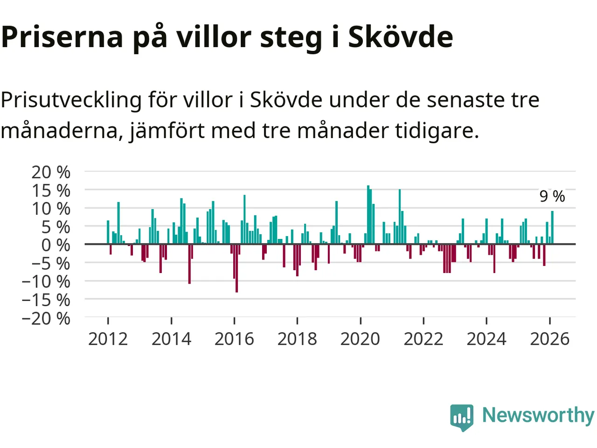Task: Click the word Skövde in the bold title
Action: tap(400, 37)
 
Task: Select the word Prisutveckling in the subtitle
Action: tap(71, 100)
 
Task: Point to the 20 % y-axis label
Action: tap(51, 172)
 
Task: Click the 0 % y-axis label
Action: tap(56, 245)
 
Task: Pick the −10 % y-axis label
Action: tap(46, 281)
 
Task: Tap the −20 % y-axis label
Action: tap(46, 318)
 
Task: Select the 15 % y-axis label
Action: tap(51, 190)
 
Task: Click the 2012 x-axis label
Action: tap(108, 339)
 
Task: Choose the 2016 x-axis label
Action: tap(234, 339)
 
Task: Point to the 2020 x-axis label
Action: tap(360, 339)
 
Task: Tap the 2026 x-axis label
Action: tap(549, 339)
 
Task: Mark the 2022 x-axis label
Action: tap(423, 339)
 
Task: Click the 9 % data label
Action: tap(552, 196)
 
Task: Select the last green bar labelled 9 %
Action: tap(552, 227)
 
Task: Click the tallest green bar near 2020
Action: tap(368, 215)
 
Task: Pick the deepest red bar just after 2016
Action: tap(236, 268)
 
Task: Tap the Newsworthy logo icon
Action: tap(462, 416)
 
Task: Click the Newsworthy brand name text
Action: tap(538, 415)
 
